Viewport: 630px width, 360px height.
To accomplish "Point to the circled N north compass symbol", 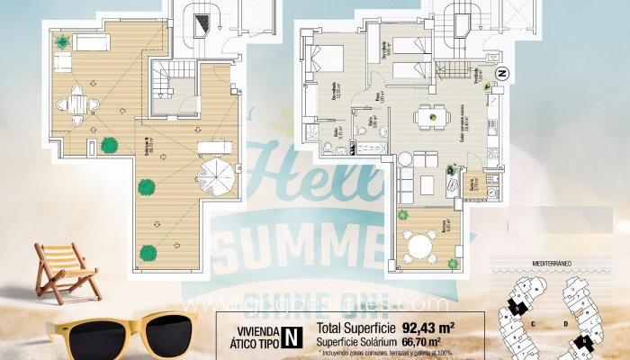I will click(x=502, y=73).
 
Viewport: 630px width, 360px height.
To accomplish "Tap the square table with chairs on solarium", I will click(x=78, y=104).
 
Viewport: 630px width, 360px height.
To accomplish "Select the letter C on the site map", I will click(x=534, y=320).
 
